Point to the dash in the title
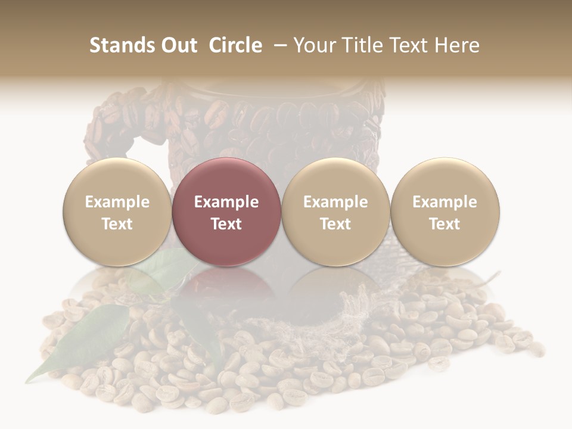click(278, 46)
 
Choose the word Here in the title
click(455, 45)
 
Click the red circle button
click(226, 212)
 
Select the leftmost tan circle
click(117, 212)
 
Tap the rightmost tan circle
click(444, 212)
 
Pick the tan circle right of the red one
click(335, 212)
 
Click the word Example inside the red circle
click(226, 202)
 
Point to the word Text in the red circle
click(226, 224)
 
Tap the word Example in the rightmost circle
click(444, 202)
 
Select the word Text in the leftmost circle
click(117, 224)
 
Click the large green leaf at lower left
click(83, 340)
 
